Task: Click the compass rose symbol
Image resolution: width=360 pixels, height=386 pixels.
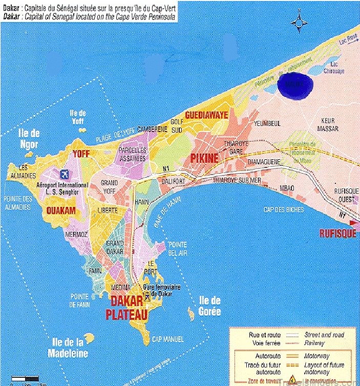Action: tap(299, 23)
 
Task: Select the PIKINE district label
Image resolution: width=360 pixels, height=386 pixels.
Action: tap(205, 159)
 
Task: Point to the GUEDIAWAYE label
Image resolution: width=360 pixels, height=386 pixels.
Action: tap(206, 115)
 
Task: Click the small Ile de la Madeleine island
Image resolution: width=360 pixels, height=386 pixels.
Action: tap(90, 338)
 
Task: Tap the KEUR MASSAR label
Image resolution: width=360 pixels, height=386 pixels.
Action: tap(328, 124)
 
